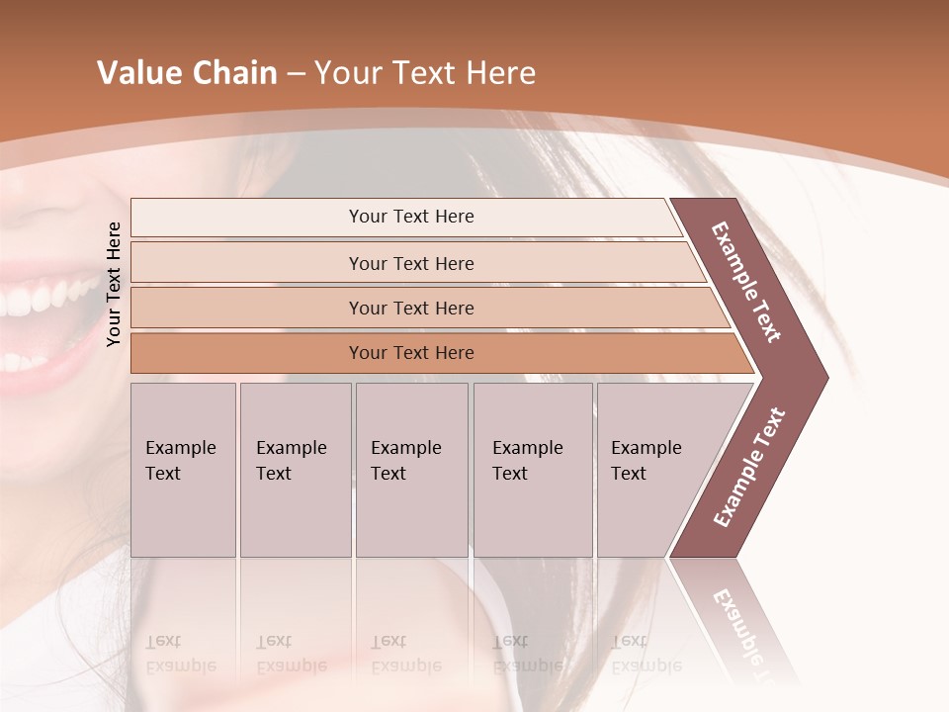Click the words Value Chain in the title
[x=187, y=73]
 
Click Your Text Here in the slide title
[x=425, y=73]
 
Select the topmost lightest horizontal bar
[x=410, y=217]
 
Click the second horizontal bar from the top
[x=410, y=263]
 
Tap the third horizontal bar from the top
[x=410, y=308]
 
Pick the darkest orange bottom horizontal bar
[x=410, y=353]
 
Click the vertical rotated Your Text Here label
[x=115, y=284]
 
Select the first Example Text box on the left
[x=183, y=469]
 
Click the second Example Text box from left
[x=295, y=469]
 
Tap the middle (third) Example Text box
[x=410, y=469]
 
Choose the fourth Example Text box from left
[x=532, y=469]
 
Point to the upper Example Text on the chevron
[x=746, y=282]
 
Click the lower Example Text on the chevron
[x=749, y=468]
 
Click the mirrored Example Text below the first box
[x=180, y=654]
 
